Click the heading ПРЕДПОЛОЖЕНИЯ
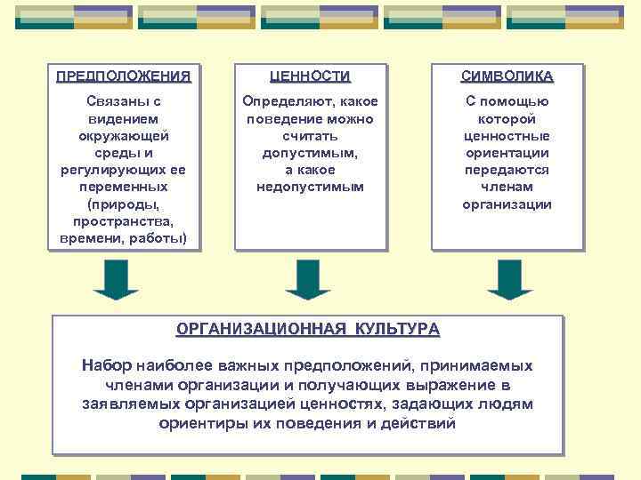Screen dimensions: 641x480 [x=123, y=76]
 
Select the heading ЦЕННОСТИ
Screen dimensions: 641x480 [x=311, y=76]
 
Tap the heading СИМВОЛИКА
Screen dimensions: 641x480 [x=507, y=76]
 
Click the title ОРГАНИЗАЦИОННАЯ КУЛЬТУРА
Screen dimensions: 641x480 [x=308, y=330]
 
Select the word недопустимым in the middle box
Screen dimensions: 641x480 [x=310, y=187]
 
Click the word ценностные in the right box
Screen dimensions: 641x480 [x=507, y=136]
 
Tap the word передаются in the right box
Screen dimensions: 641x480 [x=507, y=170]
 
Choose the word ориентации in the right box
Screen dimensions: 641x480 [x=507, y=153]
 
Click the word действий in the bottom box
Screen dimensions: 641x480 [x=417, y=423]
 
